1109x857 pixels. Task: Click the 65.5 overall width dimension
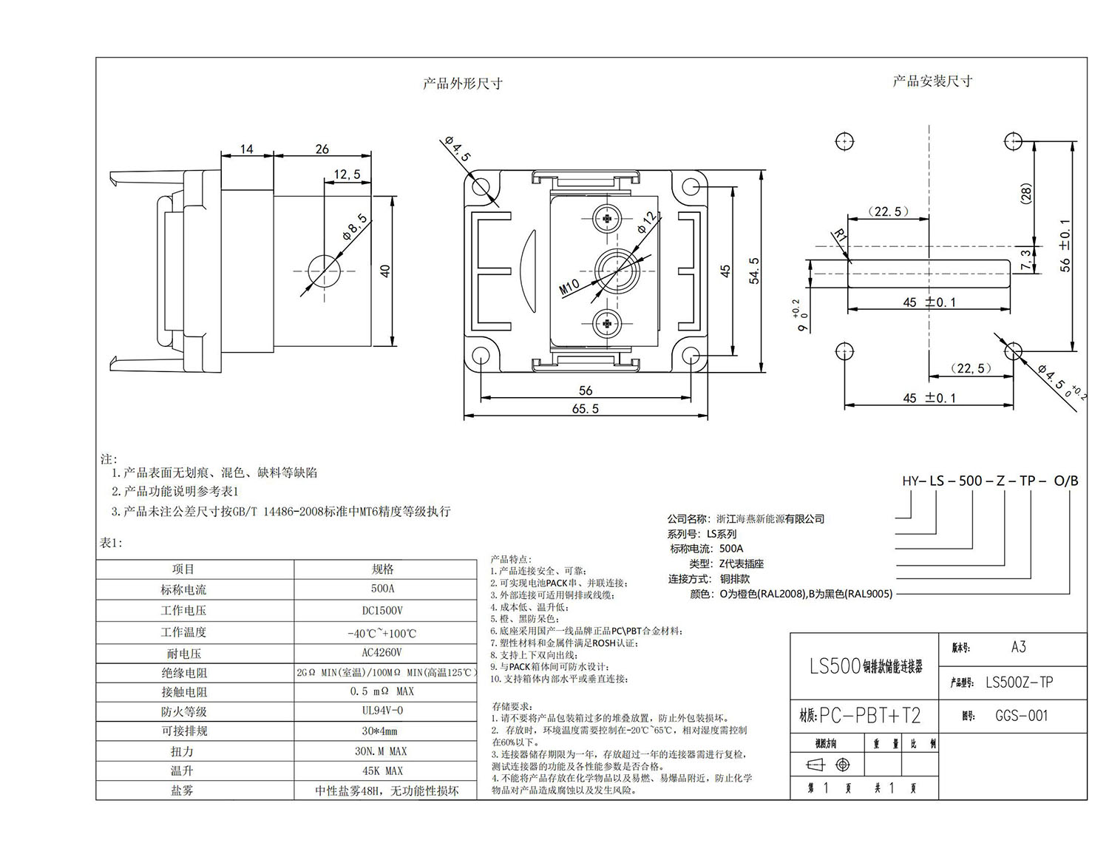tap(585, 409)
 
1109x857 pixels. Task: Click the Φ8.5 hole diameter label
tap(353, 226)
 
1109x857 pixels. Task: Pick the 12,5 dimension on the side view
tap(347, 175)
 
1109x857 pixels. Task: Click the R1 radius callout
tap(839, 237)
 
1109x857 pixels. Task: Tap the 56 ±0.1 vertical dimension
tap(1065, 245)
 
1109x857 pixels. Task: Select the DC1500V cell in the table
tap(382, 611)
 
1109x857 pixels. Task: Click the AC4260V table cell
tap(382, 653)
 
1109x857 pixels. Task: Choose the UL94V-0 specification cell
tap(382, 711)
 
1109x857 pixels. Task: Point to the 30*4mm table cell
tap(382, 731)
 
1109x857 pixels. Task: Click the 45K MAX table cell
tap(382, 770)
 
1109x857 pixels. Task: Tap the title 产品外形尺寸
tap(462, 84)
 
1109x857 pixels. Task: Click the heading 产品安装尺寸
tap(932, 81)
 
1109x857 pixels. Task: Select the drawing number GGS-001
tap(1021, 716)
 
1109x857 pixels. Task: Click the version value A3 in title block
tap(1018, 647)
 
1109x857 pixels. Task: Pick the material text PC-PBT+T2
tap(869, 716)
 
